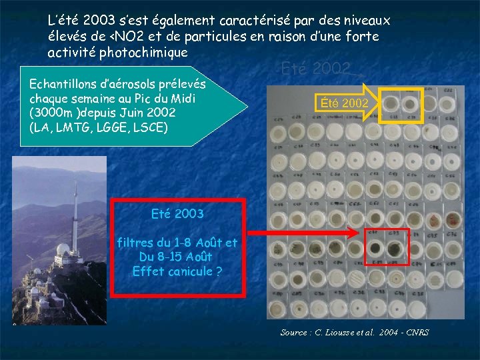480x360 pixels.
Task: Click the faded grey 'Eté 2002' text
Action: (315, 69)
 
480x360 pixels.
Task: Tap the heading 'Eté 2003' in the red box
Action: (178, 214)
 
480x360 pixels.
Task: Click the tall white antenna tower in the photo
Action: (77, 220)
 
